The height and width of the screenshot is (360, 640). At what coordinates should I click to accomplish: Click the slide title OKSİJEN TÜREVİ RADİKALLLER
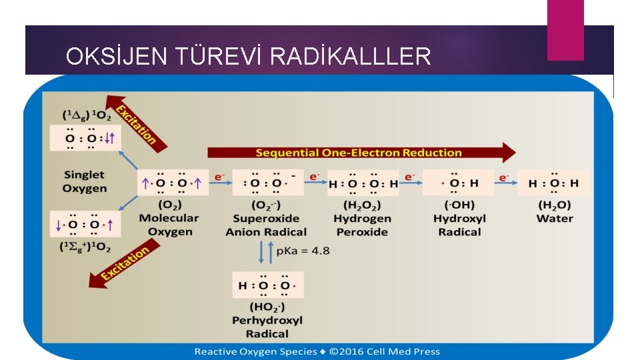point(248,56)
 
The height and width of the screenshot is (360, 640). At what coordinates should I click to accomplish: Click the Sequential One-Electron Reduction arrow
point(360,153)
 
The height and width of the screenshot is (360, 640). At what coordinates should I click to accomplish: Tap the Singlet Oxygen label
point(85,181)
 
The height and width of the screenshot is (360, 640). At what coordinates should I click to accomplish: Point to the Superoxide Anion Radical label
point(266,225)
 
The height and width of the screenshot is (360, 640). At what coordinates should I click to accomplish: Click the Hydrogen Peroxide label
point(363,225)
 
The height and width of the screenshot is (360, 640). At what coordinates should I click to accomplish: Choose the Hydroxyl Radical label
point(459,225)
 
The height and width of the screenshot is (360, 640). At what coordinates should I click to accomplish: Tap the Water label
point(555,219)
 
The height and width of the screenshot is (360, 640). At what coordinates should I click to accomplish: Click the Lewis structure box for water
point(554,183)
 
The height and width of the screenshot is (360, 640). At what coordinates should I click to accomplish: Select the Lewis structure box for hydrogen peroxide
point(363,183)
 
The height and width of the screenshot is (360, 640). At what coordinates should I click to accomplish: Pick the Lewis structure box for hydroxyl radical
point(459,183)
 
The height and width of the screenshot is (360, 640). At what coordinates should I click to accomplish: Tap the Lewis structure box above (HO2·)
point(267,285)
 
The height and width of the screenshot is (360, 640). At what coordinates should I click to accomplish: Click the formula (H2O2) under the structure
point(363,204)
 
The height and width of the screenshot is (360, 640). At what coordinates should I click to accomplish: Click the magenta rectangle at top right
point(565,29)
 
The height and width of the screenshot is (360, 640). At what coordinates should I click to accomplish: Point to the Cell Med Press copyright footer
point(317,351)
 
